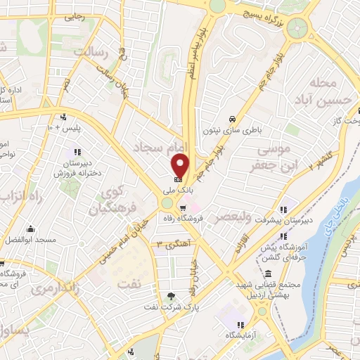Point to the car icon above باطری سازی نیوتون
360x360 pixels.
(x=231, y=118)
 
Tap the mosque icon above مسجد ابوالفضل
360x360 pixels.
(x=30, y=229)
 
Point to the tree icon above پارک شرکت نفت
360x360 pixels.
(x=172, y=295)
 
